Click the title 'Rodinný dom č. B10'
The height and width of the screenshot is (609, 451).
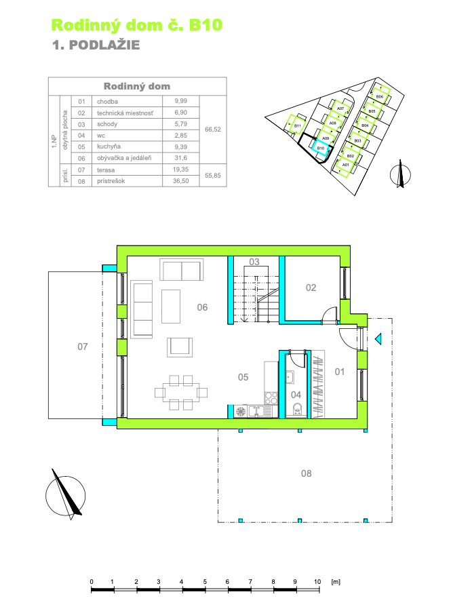[x=137, y=26]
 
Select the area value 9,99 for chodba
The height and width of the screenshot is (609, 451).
[x=180, y=101]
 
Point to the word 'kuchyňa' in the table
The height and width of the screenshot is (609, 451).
[x=109, y=146]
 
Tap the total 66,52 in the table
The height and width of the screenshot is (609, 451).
[x=213, y=130]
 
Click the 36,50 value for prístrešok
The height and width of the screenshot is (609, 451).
[x=180, y=181]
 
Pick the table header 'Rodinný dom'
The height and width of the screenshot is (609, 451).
[x=137, y=86]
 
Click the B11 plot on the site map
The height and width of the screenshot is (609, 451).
[x=297, y=124]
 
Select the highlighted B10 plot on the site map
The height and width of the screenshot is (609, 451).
[x=321, y=148]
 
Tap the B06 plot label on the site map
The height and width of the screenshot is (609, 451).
[x=380, y=96]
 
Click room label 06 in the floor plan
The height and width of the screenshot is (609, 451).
[x=202, y=307]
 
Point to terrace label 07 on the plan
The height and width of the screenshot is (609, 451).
[x=82, y=347]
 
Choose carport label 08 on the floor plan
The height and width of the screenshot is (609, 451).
[x=306, y=473]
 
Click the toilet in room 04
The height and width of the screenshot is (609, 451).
[x=298, y=410]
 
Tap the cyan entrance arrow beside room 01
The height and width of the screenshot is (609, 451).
[x=378, y=339]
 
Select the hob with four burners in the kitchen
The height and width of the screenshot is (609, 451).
[x=271, y=397]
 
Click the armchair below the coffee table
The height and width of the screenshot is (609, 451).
[x=180, y=347]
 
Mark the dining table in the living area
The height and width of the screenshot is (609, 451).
[x=180, y=392]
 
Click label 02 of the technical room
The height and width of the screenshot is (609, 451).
[x=311, y=288]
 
